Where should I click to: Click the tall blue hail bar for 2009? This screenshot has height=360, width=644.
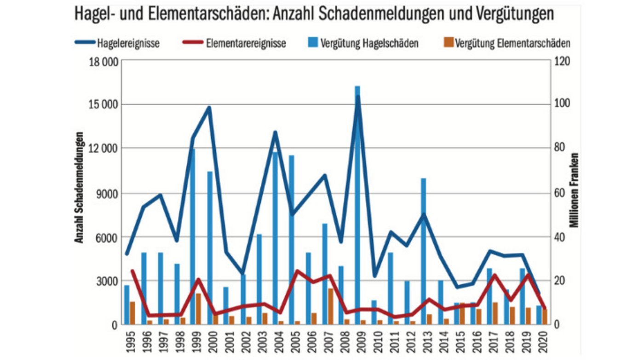(357, 207)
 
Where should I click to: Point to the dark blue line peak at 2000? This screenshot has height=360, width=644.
(209, 108)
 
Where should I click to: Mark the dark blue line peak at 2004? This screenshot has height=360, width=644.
(275, 132)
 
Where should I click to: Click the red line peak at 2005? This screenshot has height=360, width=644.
(297, 271)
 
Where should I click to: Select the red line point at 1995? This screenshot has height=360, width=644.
(132, 271)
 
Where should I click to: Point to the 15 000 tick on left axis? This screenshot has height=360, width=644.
(103, 104)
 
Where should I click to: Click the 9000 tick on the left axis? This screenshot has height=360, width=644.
(107, 193)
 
